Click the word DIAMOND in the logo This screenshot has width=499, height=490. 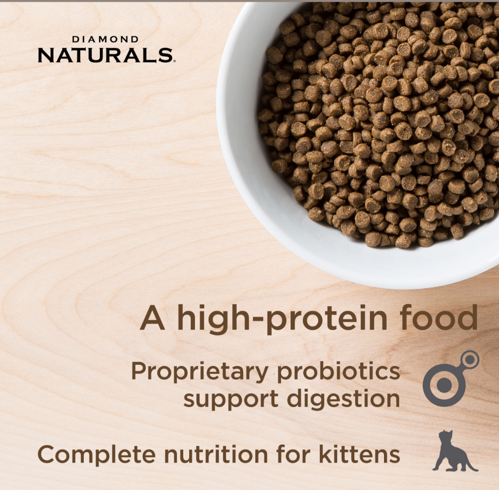tap(105, 39)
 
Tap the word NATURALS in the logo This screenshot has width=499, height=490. tap(104, 55)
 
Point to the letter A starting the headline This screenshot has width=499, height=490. tap(152, 318)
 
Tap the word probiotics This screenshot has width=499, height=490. tap(338, 372)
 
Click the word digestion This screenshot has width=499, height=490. tap(343, 399)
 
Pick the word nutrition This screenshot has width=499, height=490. tap(215, 454)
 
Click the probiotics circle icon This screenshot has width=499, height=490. tap(444, 384)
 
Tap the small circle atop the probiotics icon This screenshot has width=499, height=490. tap(470, 360)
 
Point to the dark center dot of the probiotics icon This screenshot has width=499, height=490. tap(444, 385)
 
